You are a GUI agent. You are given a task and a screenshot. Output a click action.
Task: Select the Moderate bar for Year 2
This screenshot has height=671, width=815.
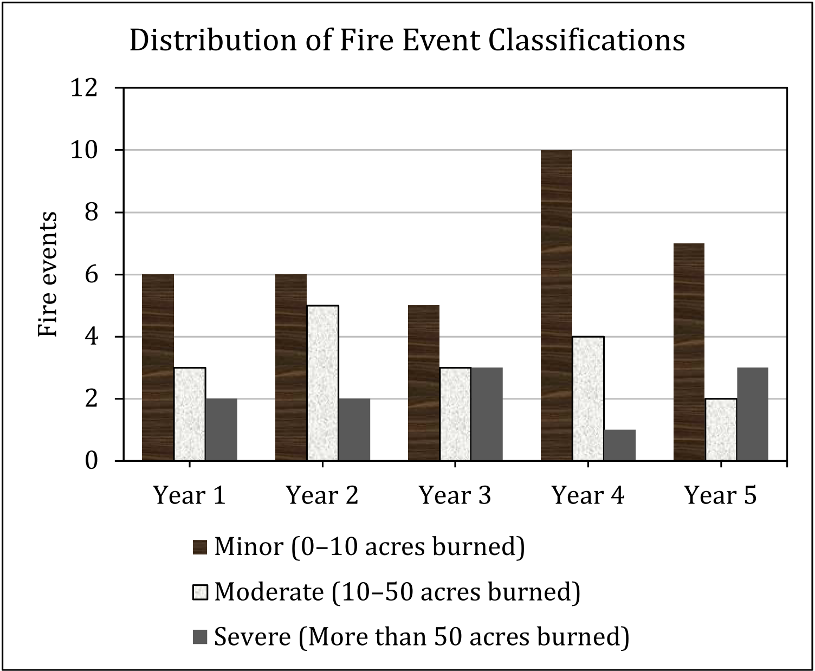[x=322, y=383]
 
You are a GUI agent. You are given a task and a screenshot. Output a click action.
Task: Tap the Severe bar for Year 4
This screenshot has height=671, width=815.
[x=620, y=445]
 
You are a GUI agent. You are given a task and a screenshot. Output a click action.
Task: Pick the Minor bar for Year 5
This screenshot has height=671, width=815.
[x=689, y=352]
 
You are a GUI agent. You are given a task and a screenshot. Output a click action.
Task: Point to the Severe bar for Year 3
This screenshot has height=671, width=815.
[x=487, y=414]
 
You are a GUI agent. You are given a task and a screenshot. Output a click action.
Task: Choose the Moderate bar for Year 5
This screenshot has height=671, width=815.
[x=721, y=430]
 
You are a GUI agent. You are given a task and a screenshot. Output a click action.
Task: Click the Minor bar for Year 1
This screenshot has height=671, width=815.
[x=158, y=367]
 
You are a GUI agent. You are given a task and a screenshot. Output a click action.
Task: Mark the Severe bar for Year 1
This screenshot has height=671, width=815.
[x=221, y=430]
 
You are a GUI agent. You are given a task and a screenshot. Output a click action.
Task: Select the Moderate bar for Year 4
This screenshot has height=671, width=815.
[x=588, y=398]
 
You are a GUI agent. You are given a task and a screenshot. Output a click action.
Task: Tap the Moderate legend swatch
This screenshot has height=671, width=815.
[x=200, y=592]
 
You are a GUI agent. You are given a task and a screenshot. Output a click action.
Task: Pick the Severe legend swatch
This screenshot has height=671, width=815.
[x=200, y=637]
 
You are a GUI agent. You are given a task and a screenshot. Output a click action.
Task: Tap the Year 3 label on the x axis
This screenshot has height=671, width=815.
[x=455, y=495]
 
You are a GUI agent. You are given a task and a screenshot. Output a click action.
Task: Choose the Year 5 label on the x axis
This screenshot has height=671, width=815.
[x=721, y=495]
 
